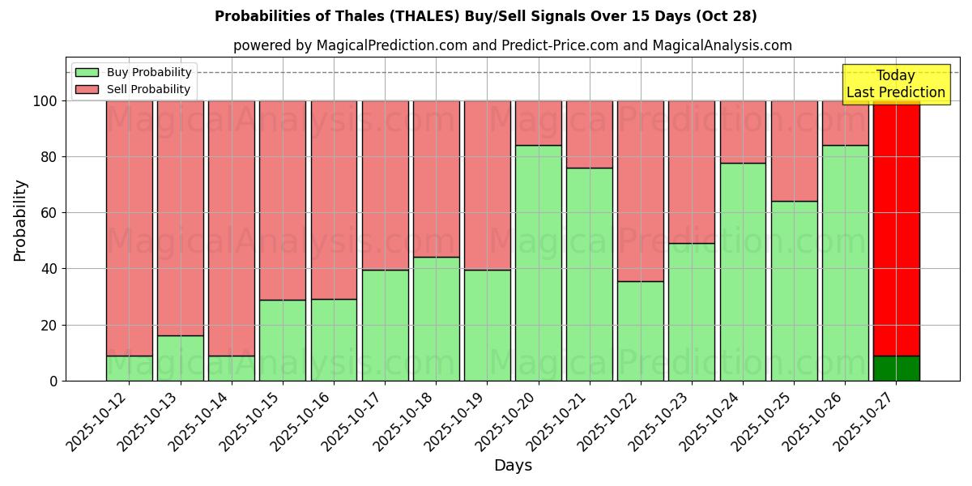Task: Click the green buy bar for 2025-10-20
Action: [539, 263]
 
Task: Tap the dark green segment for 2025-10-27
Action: [897, 368]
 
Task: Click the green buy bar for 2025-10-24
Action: [743, 272]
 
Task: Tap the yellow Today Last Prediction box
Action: [895, 84]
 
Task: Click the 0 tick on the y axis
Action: [53, 381]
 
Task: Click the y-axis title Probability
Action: [20, 220]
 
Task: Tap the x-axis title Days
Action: [513, 466]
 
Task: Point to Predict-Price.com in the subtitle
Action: [559, 45]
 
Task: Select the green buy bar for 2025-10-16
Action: [334, 340]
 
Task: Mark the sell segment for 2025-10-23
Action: [692, 172]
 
